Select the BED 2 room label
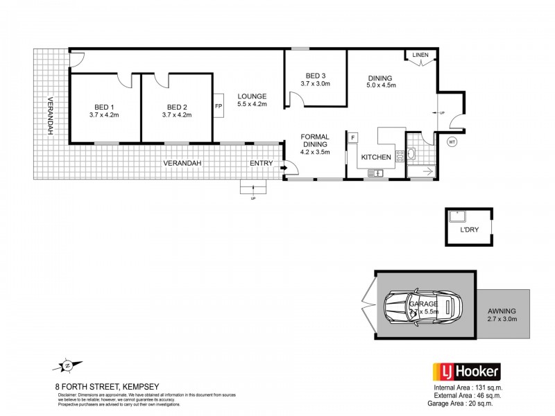[x=178, y=107]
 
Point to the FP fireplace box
[x=219, y=106]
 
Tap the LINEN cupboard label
[x=420, y=55]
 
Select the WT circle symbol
[x=452, y=141]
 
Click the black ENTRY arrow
[x=284, y=165]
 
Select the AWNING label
[x=503, y=305]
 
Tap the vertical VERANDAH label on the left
[x=50, y=117]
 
